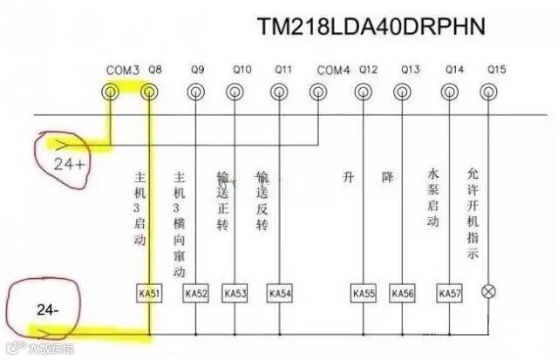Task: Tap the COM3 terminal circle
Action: [111, 90]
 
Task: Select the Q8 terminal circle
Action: [150, 90]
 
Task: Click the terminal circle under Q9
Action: [195, 90]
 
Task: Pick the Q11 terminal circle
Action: [279, 90]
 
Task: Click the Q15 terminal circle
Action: [493, 90]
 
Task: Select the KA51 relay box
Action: [150, 294]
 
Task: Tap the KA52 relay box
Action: [196, 294]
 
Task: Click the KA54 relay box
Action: [278, 294]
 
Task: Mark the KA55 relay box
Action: [364, 294]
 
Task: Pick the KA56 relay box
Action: [403, 294]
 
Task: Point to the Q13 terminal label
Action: [411, 69]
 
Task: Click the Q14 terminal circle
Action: [451, 90]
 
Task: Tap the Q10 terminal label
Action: [242, 69]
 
